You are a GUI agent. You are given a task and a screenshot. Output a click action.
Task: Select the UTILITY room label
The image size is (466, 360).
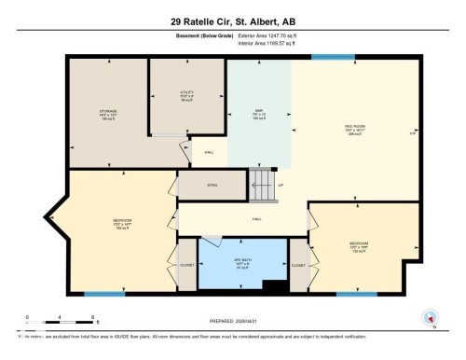186,93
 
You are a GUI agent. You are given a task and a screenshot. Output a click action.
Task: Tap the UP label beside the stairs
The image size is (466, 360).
281,186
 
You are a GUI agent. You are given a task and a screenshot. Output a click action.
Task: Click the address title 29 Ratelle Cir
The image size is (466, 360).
232,21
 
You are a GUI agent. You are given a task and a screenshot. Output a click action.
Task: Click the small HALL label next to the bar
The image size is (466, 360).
210,152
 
